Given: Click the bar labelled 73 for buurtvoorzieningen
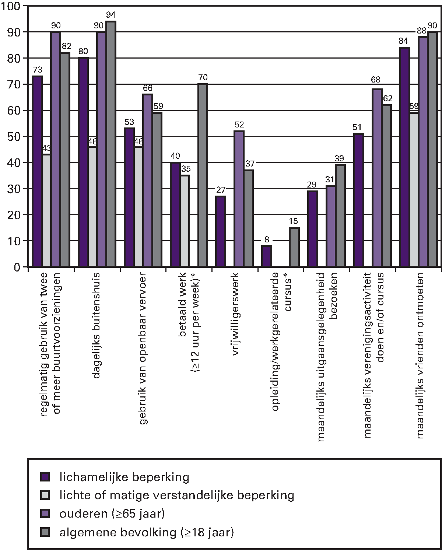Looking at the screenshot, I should point(37,171).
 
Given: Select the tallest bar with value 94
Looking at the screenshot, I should point(111,144).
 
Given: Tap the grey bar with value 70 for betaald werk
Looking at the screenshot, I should point(203,175).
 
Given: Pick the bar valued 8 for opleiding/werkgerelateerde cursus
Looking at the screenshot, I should point(267,256).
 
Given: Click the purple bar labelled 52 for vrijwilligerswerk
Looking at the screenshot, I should point(239,199).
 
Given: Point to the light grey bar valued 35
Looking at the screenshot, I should point(185,221).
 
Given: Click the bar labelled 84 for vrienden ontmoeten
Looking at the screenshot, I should point(405,157).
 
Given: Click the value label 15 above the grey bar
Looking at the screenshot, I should point(294,221).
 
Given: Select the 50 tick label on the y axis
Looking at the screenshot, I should point(15,137).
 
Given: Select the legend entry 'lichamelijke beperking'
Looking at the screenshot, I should point(124,477).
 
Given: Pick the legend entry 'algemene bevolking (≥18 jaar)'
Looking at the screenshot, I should point(147,532).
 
